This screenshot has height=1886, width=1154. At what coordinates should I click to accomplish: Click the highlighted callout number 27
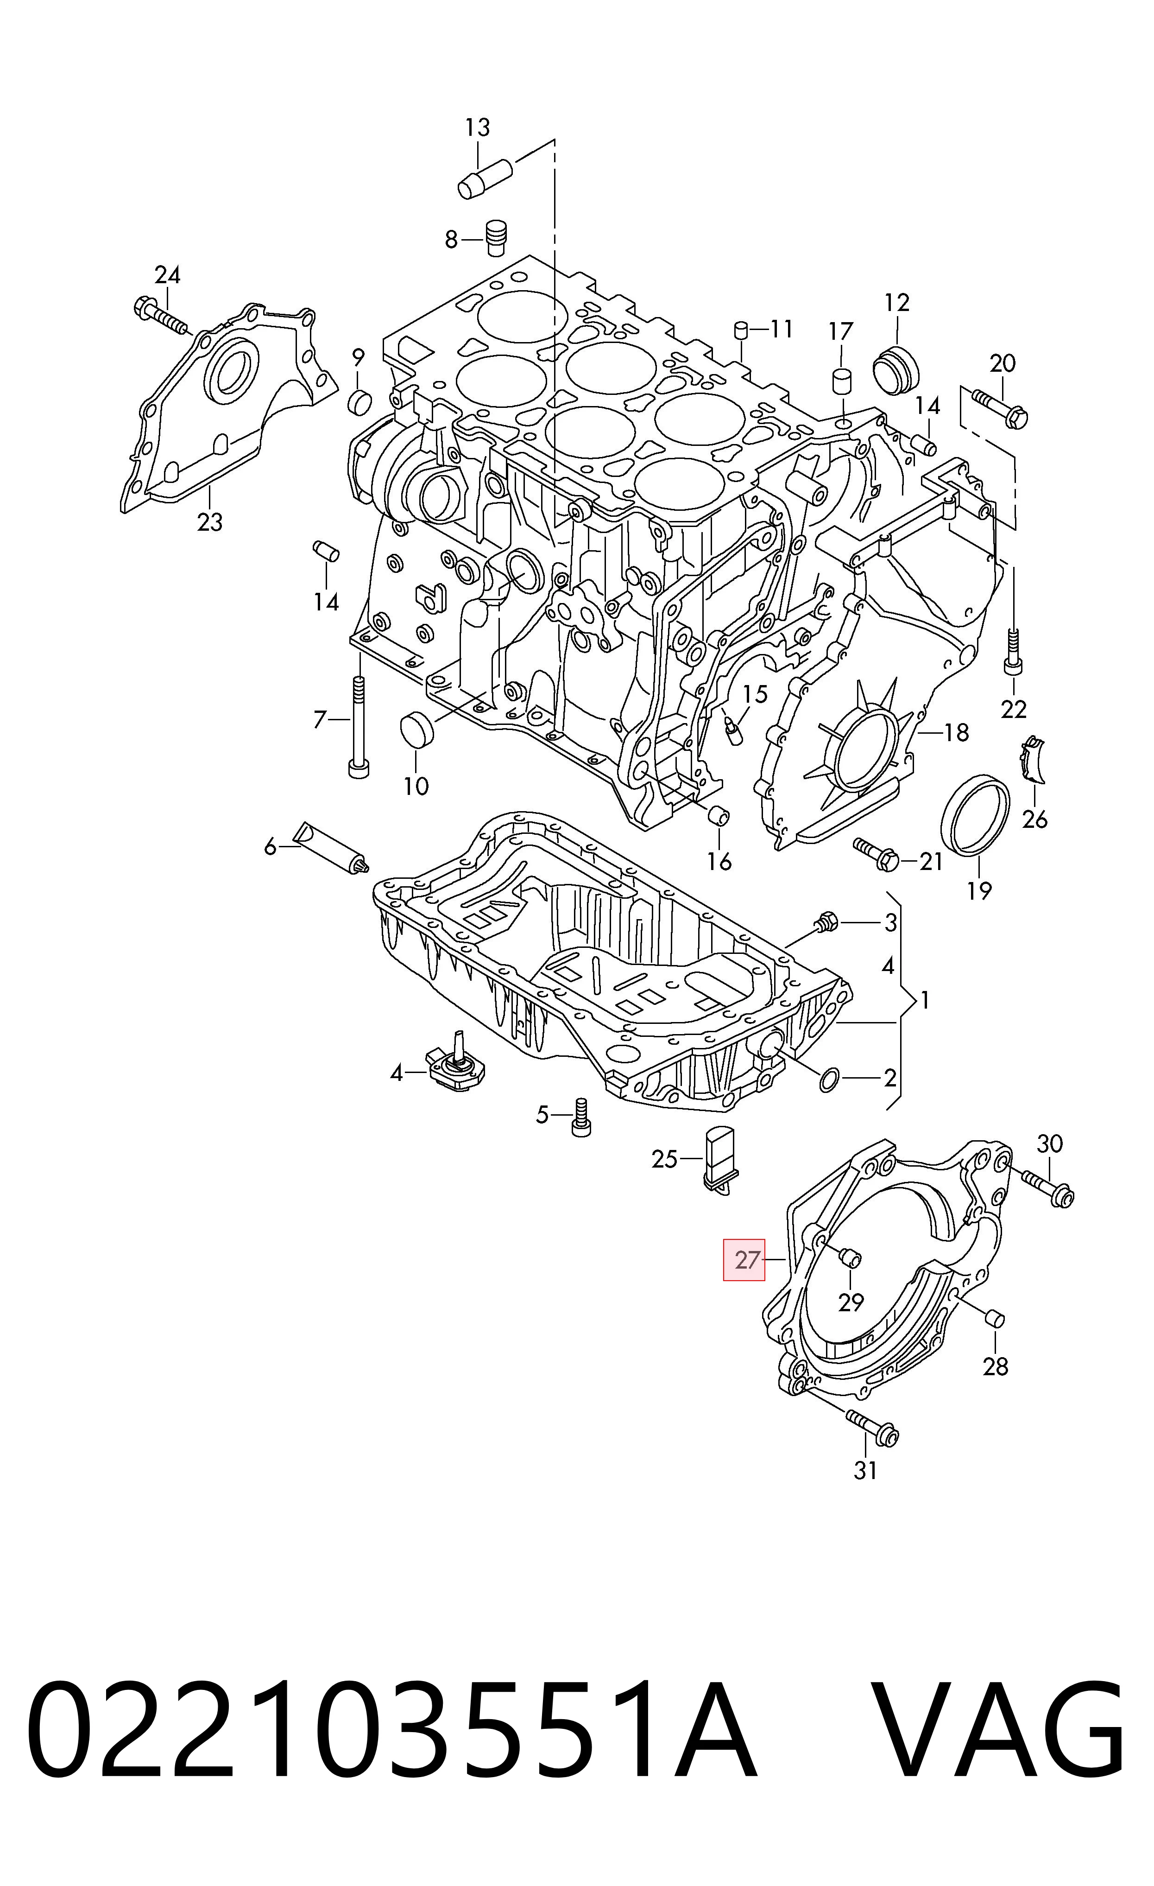746,1260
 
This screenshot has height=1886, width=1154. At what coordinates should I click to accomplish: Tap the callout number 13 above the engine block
478,127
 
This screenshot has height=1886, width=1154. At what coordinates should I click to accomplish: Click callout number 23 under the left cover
210,523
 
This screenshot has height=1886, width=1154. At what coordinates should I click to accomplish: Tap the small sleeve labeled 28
994,1319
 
